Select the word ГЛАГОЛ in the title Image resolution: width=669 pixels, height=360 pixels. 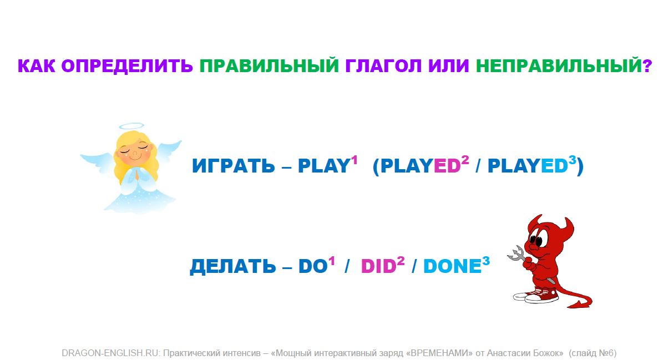383,66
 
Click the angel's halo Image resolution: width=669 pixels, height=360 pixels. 131,126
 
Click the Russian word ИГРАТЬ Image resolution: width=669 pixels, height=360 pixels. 233,166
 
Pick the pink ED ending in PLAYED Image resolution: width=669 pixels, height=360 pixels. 447,166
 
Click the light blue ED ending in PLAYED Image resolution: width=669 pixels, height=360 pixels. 554,166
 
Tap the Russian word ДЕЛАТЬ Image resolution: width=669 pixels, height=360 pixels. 233,266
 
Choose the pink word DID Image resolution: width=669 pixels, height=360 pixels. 379,266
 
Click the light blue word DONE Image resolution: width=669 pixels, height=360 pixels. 453,266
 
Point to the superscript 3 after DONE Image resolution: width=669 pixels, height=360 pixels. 486,261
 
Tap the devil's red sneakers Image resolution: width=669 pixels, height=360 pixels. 536,296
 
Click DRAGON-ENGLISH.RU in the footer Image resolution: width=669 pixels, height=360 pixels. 111,353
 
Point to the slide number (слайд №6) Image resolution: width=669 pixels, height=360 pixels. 592,353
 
